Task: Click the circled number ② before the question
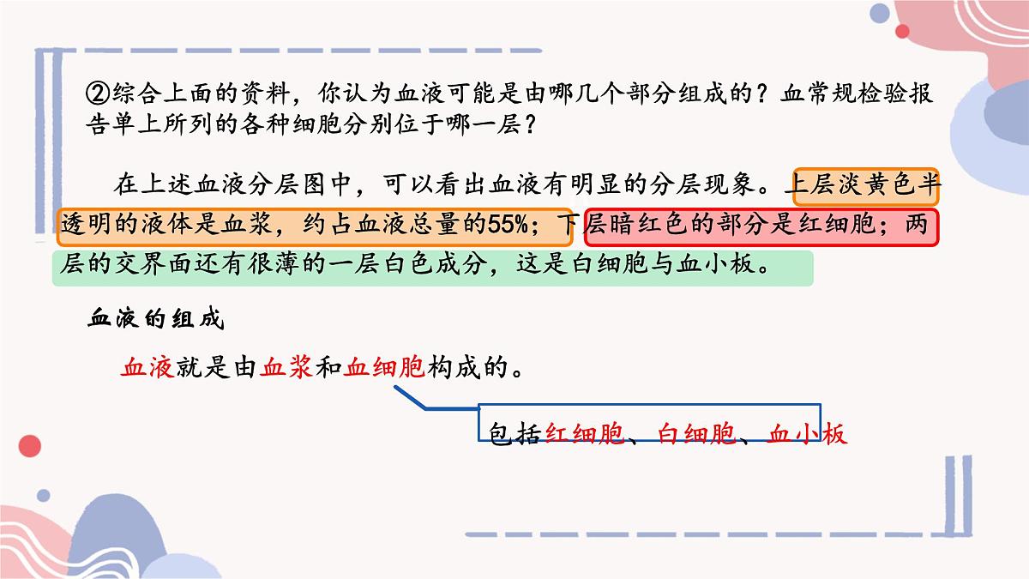pos(98,94)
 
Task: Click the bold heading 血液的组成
pos(156,318)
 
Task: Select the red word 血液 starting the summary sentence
pos(147,368)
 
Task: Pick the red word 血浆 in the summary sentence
pos(286,368)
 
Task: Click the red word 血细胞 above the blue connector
pos(384,368)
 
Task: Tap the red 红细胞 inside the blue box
pos(585,434)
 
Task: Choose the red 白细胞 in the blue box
pos(697,434)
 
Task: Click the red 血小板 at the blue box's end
pos(808,434)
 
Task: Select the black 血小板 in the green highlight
pos(716,264)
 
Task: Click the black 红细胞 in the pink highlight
pos(837,225)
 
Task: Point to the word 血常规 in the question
pos(820,93)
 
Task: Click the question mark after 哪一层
pos(530,124)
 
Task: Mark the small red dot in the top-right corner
pos(902,31)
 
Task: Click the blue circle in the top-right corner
pos(880,14)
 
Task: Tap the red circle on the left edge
pos(30,446)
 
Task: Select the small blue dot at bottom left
pos(44,496)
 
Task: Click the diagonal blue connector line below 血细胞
pos(410,397)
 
